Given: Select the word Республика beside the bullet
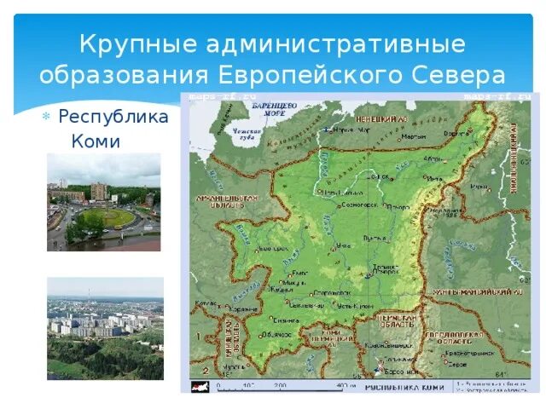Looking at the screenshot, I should tap(113, 117).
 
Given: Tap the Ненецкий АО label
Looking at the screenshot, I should tap(379, 120).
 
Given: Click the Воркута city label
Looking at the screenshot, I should tap(457, 134).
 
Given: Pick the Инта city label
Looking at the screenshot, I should tap(434, 178).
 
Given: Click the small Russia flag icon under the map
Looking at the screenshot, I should tap(199, 386).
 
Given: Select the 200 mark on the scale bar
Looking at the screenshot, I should tap(279, 385).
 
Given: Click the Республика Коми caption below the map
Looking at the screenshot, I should tap(404, 387).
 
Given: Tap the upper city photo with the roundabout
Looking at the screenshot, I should tap(103, 202).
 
